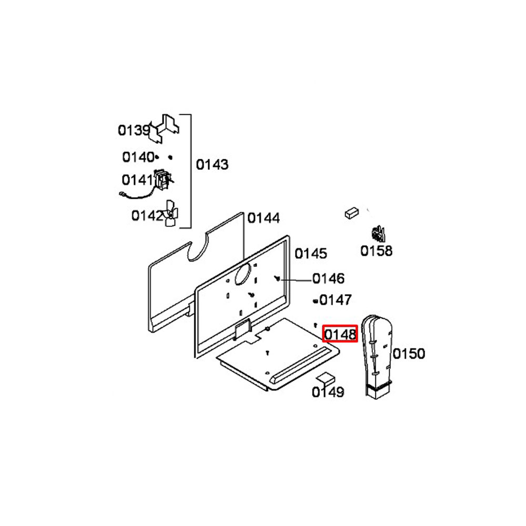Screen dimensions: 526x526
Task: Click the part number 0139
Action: click(x=134, y=130)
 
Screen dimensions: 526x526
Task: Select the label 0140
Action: click(x=138, y=157)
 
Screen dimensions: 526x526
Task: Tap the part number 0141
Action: click(x=137, y=180)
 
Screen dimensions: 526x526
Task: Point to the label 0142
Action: click(x=147, y=216)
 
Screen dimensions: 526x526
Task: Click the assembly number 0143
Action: click(x=212, y=164)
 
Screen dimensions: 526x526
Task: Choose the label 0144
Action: click(x=264, y=218)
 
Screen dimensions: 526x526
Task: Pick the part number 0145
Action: click(x=311, y=254)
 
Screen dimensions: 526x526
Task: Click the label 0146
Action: click(x=328, y=278)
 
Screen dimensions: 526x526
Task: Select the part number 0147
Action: click(x=336, y=300)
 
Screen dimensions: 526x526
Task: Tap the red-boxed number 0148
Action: click(x=340, y=334)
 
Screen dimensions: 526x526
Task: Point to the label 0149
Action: click(x=328, y=392)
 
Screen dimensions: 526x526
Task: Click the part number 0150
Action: click(x=409, y=353)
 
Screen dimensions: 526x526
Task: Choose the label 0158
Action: click(x=377, y=251)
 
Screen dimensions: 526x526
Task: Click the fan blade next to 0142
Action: click(x=171, y=214)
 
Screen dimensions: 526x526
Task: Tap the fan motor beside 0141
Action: click(x=163, y=180)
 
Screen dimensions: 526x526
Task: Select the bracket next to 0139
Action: click(x=164, y=129)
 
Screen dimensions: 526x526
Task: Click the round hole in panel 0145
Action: click(x=242, y=274)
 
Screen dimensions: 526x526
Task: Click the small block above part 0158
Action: click(x=351, y=213)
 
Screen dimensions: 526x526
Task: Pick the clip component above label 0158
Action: click(x=378, y=234)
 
